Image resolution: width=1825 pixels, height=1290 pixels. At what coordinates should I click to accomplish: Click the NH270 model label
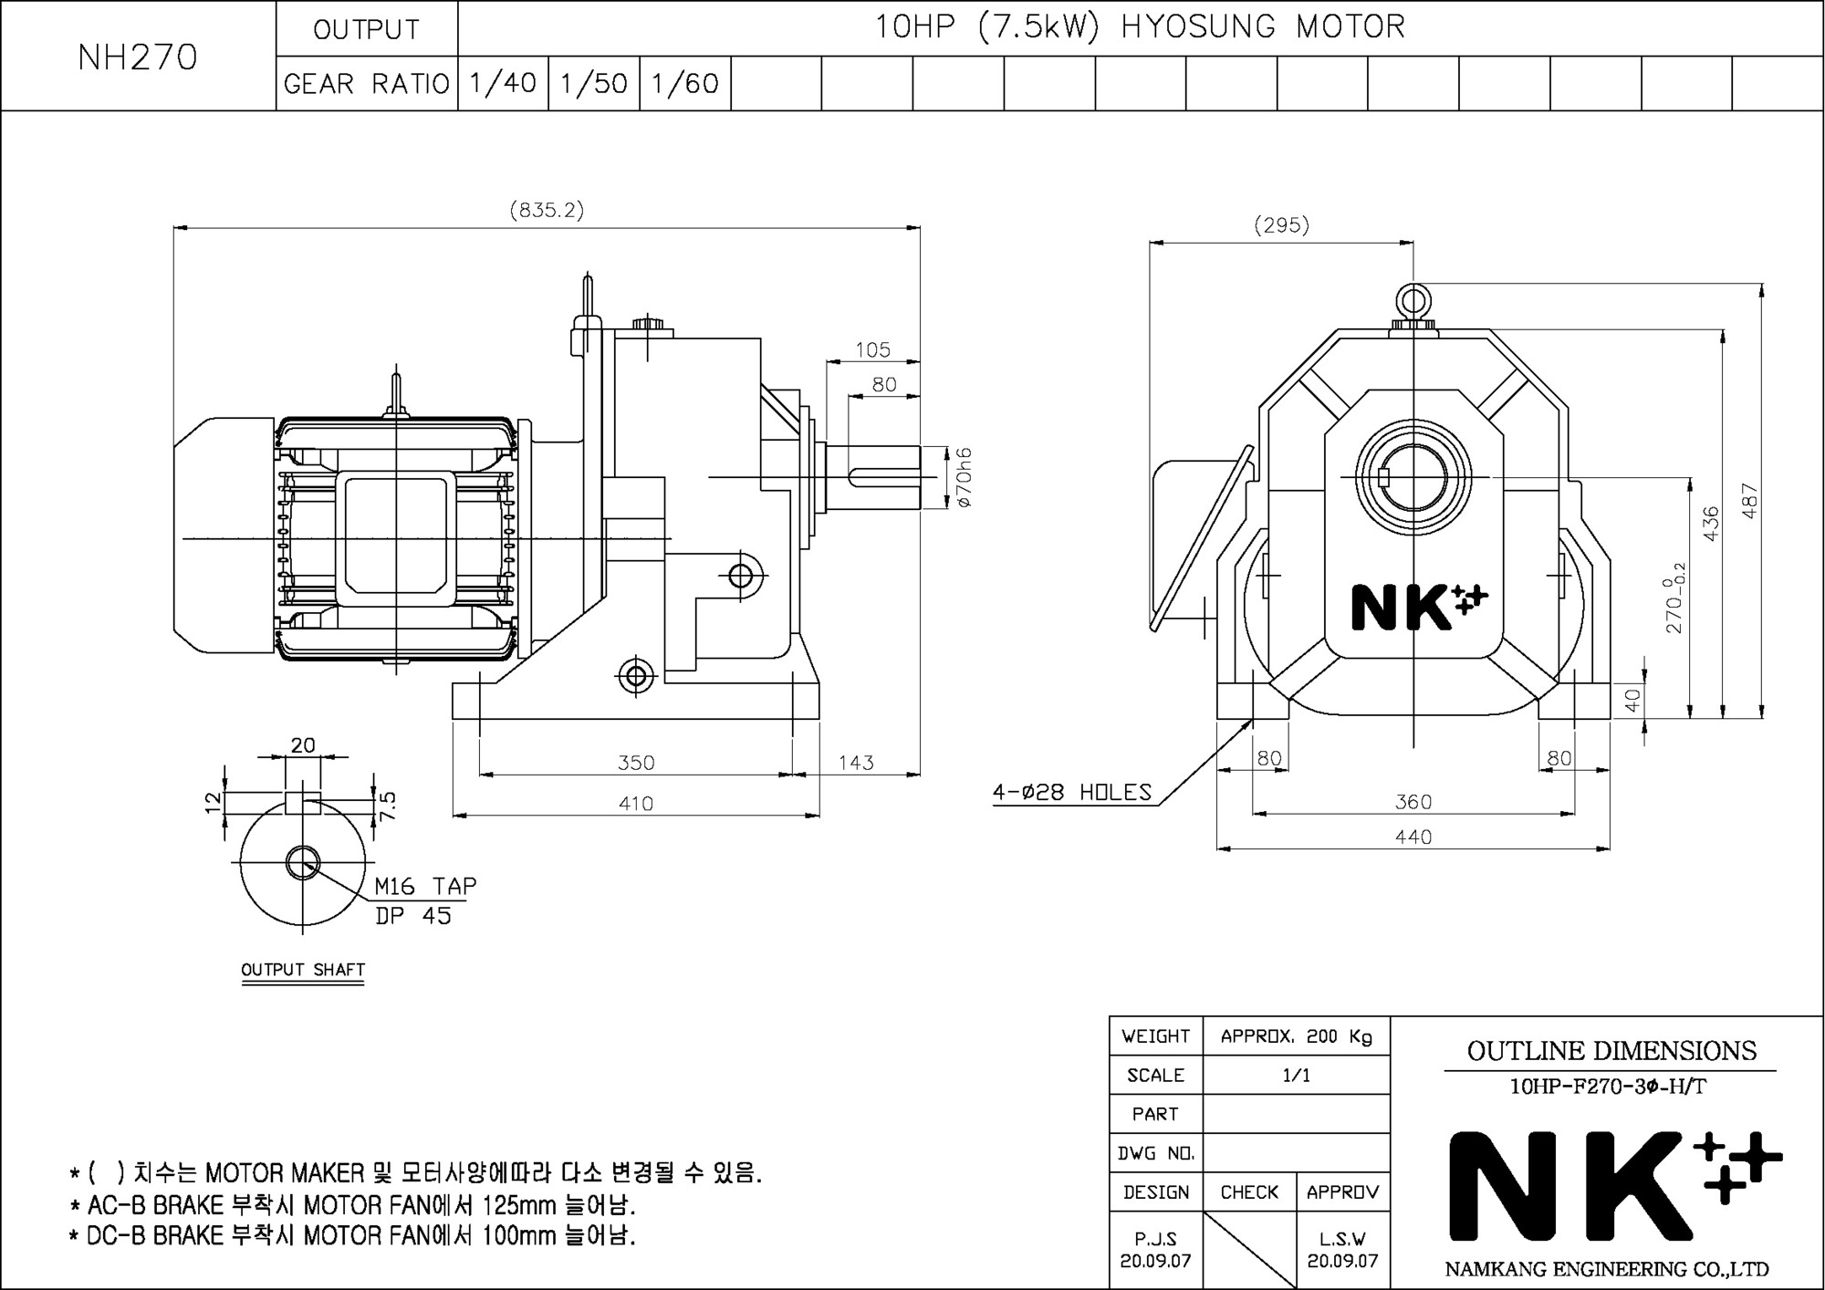(x=138, y=57)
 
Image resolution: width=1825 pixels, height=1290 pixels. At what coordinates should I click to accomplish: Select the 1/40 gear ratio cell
(x=503, y=83)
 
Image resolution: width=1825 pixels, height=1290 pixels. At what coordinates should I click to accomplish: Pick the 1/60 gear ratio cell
(x=685, y=83)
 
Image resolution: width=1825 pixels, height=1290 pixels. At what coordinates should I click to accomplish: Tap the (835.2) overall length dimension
(x=547, y=210)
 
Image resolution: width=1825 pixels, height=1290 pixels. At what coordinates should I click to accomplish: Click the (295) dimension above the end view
(x=1281, y=224)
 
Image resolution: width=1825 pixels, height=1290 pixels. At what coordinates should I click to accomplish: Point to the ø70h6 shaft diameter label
(x=965, y=477)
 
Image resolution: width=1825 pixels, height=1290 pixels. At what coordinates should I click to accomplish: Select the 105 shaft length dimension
(x=873, y=349)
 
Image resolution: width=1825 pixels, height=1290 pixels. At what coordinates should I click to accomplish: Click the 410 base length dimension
(x=636, y=803)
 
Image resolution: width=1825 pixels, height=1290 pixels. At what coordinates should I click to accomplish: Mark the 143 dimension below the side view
(x=856, y=762)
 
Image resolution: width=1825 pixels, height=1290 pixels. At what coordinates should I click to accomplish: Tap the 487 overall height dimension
(x=1749, y=501)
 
